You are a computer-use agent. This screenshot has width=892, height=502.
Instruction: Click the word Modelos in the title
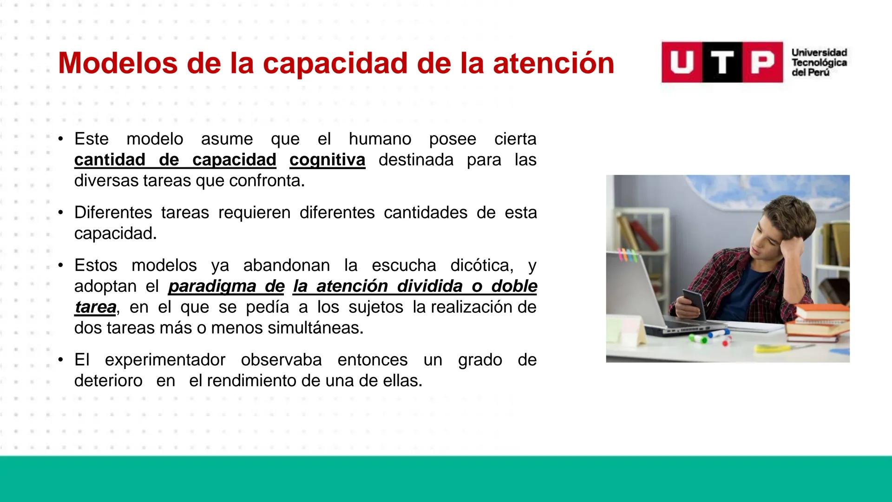click(118, 63)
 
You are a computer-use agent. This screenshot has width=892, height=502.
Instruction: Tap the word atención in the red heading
click(553, 63)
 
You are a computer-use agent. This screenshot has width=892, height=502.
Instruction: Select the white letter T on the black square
click(722, 62)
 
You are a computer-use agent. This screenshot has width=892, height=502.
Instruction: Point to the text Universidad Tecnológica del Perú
click(819, 62)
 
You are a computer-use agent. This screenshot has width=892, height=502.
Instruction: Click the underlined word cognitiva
click(327, 160)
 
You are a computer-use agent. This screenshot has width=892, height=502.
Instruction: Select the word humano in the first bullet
click(380, 139)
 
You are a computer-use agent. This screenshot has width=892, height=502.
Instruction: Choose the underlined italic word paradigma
click(226, 286)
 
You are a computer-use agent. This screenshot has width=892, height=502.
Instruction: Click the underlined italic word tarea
click(95, 307)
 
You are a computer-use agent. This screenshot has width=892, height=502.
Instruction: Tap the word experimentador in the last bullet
click(165, 360)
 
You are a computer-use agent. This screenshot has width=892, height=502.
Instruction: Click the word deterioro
click(108, 381)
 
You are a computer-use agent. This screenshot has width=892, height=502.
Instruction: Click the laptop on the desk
click(650, 297)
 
